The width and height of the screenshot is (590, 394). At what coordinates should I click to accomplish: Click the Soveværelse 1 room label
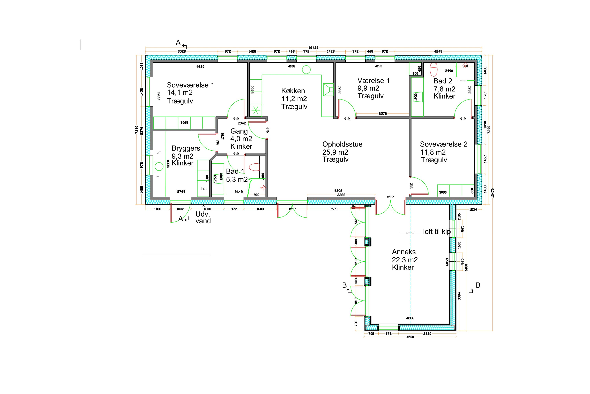tap(190, 85)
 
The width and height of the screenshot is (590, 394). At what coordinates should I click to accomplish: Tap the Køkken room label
tap(293, 91)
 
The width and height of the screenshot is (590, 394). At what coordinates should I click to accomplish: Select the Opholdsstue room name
tap(342, 145)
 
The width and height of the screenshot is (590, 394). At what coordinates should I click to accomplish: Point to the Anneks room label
tap(404, 252)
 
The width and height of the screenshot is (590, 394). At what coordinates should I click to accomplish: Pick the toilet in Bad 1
tap(254, 167)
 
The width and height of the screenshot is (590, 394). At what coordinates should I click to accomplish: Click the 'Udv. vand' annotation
tap(203, 218)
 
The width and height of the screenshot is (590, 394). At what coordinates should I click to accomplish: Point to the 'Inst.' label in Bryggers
tap(204, 189)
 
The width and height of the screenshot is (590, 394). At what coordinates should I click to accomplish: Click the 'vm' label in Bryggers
tap(159, 152)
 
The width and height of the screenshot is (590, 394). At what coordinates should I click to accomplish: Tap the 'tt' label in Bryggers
tap(158, 177)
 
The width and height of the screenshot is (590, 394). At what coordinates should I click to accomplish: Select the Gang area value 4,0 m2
tap(241, 139)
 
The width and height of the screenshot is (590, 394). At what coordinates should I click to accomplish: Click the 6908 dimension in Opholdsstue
tap(338, 191)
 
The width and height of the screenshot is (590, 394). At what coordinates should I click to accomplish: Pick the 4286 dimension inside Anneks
tap(410, 318)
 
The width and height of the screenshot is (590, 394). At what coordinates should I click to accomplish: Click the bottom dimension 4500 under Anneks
tap(410, 337)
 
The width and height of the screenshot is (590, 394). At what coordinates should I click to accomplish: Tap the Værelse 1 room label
tap(373, 81)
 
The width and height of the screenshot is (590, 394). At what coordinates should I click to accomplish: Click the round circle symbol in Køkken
tap(306, 70)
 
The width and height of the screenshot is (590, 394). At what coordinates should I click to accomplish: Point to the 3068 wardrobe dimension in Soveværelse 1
tap(184, 123)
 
